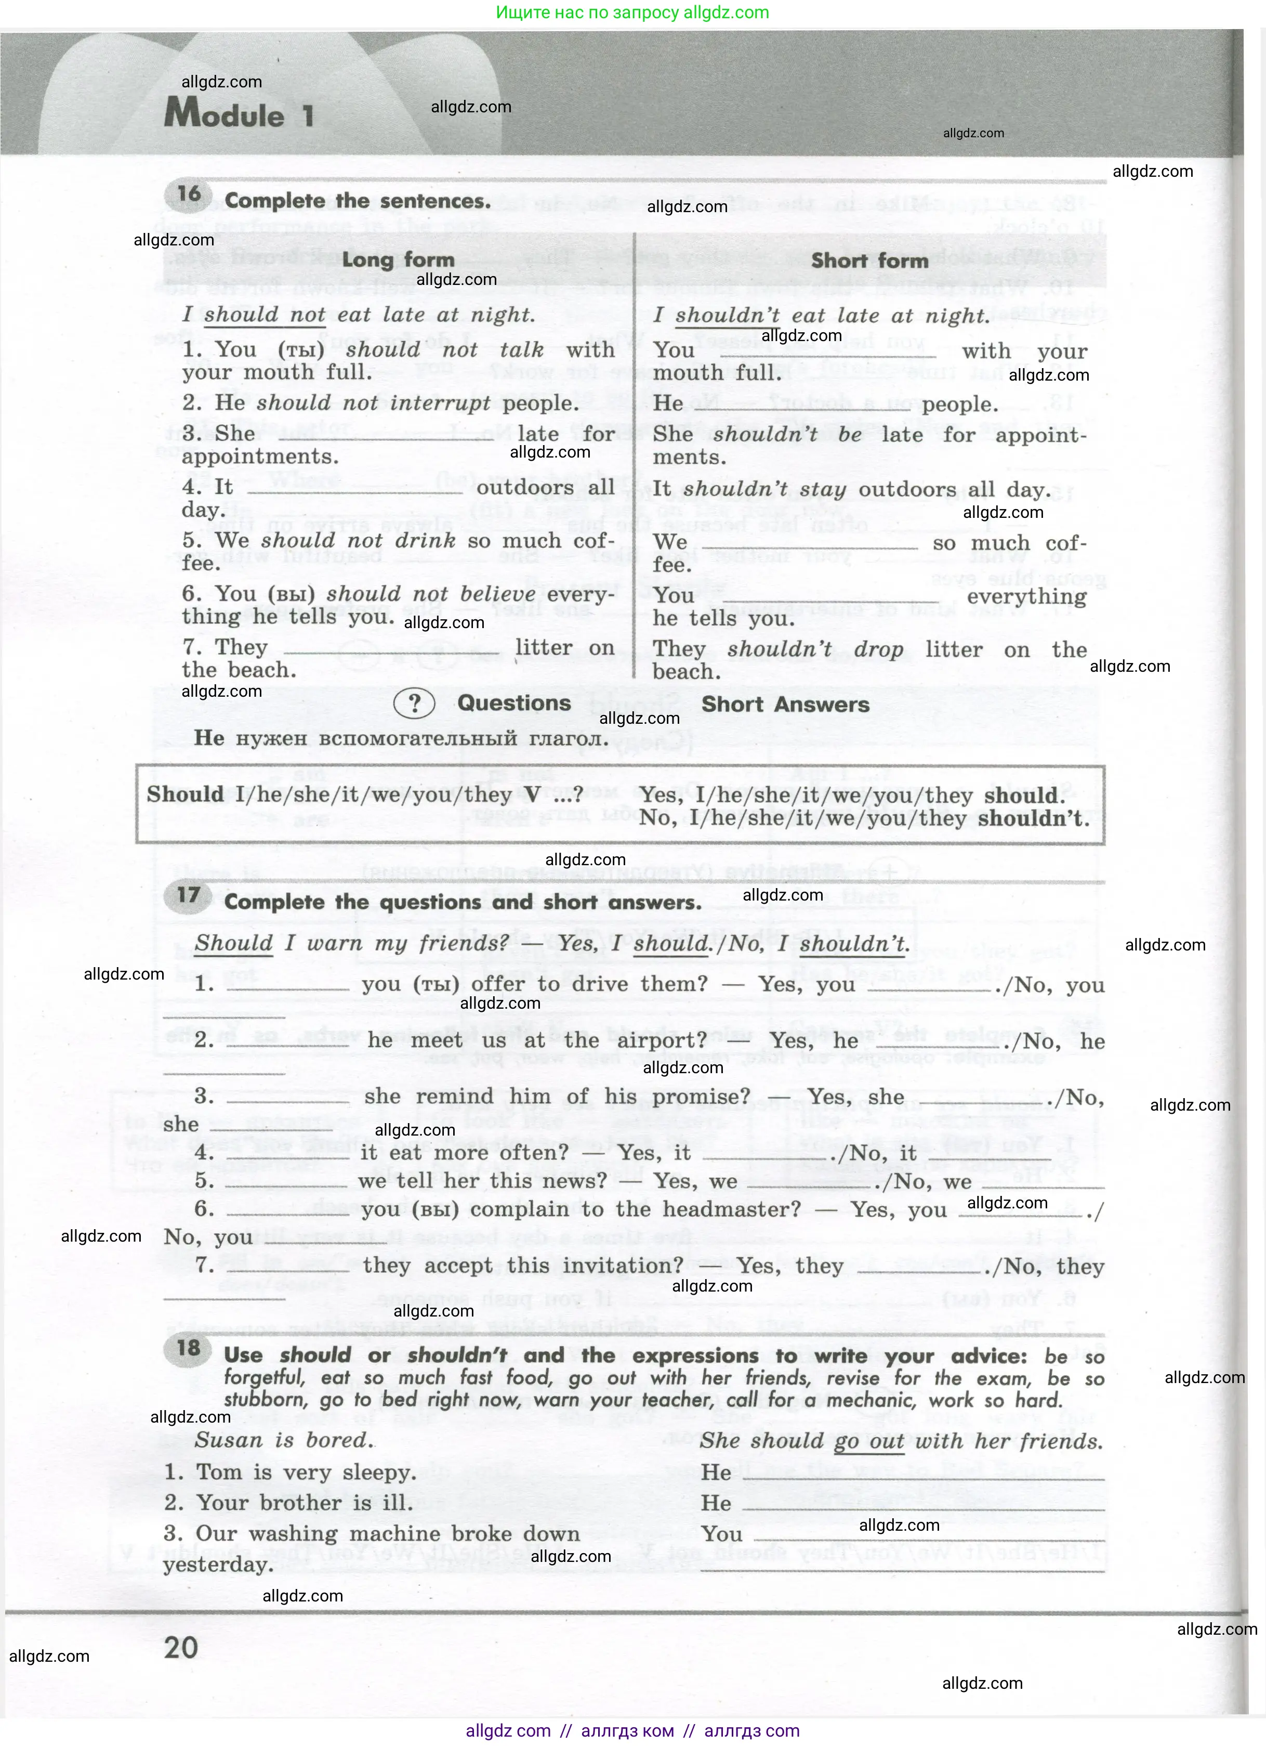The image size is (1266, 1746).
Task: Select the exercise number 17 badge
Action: point(189,895)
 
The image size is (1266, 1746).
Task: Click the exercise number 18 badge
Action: point(189,1348)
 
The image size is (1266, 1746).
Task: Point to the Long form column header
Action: point(398,259)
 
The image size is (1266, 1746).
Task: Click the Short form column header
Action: point(869,261)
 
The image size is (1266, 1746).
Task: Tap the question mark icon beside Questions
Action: point(414,703)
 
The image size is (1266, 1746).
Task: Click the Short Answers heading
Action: point(785,705)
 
